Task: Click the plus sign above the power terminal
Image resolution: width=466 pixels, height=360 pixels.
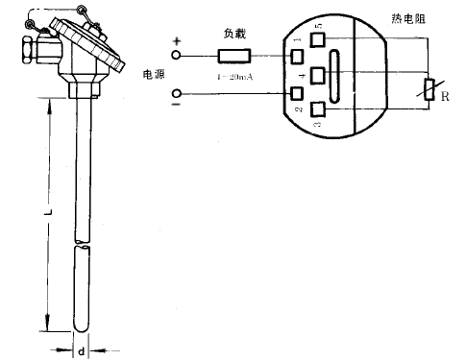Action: click(x=176, y=42)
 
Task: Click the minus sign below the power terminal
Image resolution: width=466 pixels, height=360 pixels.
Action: click(x=176, y=108)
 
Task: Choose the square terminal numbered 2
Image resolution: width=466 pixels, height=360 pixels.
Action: click(x=298, y=94)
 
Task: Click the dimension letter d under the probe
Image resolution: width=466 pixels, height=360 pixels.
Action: click(x=81, y=351)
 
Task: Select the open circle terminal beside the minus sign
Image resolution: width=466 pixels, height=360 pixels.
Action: click(x=176, y=94)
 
